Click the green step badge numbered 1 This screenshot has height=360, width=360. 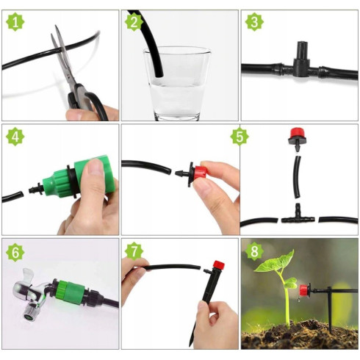coord(15,22)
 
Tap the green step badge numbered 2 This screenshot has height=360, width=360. coord(134,22)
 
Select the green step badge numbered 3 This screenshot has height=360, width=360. coord(254,22)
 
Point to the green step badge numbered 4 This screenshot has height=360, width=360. coord(15,137)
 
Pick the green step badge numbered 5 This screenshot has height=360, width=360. coord(240,136)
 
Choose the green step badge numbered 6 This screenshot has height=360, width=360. coord(15,252)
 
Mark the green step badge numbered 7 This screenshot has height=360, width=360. coord(134,251)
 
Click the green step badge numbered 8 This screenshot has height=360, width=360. coord(254,251)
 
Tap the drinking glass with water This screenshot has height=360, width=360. coord(177,83)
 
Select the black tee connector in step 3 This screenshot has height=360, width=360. coord(301,61)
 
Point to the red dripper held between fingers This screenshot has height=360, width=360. coord(198,173)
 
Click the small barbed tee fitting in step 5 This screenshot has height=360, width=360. coord(298,215)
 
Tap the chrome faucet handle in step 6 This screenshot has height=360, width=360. coord(28,276)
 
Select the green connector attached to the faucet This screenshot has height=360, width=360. coord(69,292)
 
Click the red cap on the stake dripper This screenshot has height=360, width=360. coord(219,264)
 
